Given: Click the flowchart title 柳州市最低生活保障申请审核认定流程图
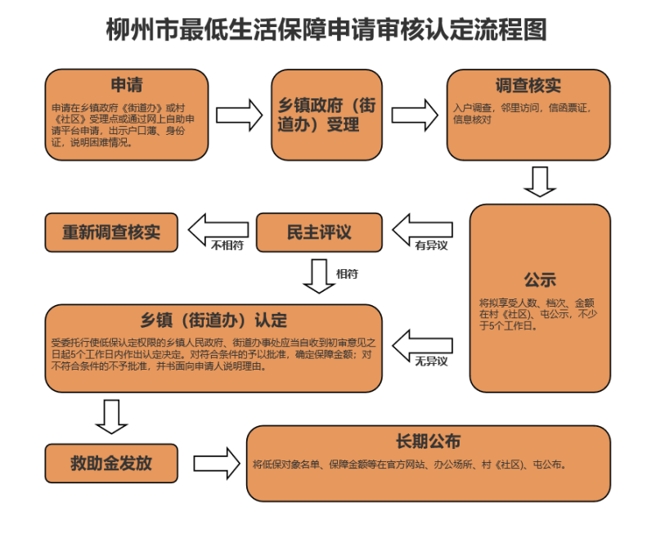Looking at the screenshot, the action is (326, 29).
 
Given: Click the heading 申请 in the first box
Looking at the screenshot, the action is (127, 85).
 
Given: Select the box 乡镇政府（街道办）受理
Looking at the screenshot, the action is (327, 114).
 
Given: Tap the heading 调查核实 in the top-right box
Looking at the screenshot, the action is (528, 85).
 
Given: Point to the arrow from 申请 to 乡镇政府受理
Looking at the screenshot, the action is (240, 115).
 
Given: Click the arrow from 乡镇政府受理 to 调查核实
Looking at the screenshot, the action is (415, 115).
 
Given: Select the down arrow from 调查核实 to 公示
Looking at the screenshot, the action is (540, 182).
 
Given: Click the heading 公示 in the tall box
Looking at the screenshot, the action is (540, 280).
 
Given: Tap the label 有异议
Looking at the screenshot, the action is (431, 245).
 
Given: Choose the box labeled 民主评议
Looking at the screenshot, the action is (319, 232).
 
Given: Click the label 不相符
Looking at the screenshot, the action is (227, 245).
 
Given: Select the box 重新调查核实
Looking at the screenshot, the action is (111, 232).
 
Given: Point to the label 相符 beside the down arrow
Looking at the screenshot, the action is (347, 274).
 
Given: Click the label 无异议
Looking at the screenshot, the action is (431, 361).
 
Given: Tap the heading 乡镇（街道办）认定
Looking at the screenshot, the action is (213, 321).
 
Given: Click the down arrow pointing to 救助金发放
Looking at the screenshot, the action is (111, 416).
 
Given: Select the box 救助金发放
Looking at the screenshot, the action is (111, 464).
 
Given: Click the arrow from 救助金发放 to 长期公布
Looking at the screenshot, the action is (217, 464).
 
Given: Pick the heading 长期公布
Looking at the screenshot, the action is (429, 442).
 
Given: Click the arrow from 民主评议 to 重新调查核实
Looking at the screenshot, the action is (218, 230).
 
